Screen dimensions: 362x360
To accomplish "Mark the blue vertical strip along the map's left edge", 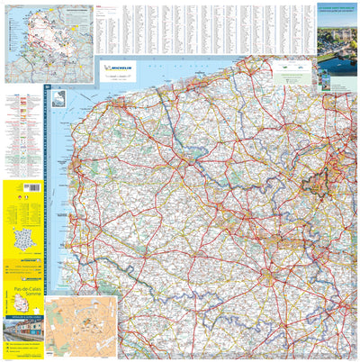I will tap(47, 198).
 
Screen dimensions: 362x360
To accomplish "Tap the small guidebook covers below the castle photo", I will tap(337, 76).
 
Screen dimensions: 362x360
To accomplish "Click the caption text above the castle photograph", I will tap(337, 14).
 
